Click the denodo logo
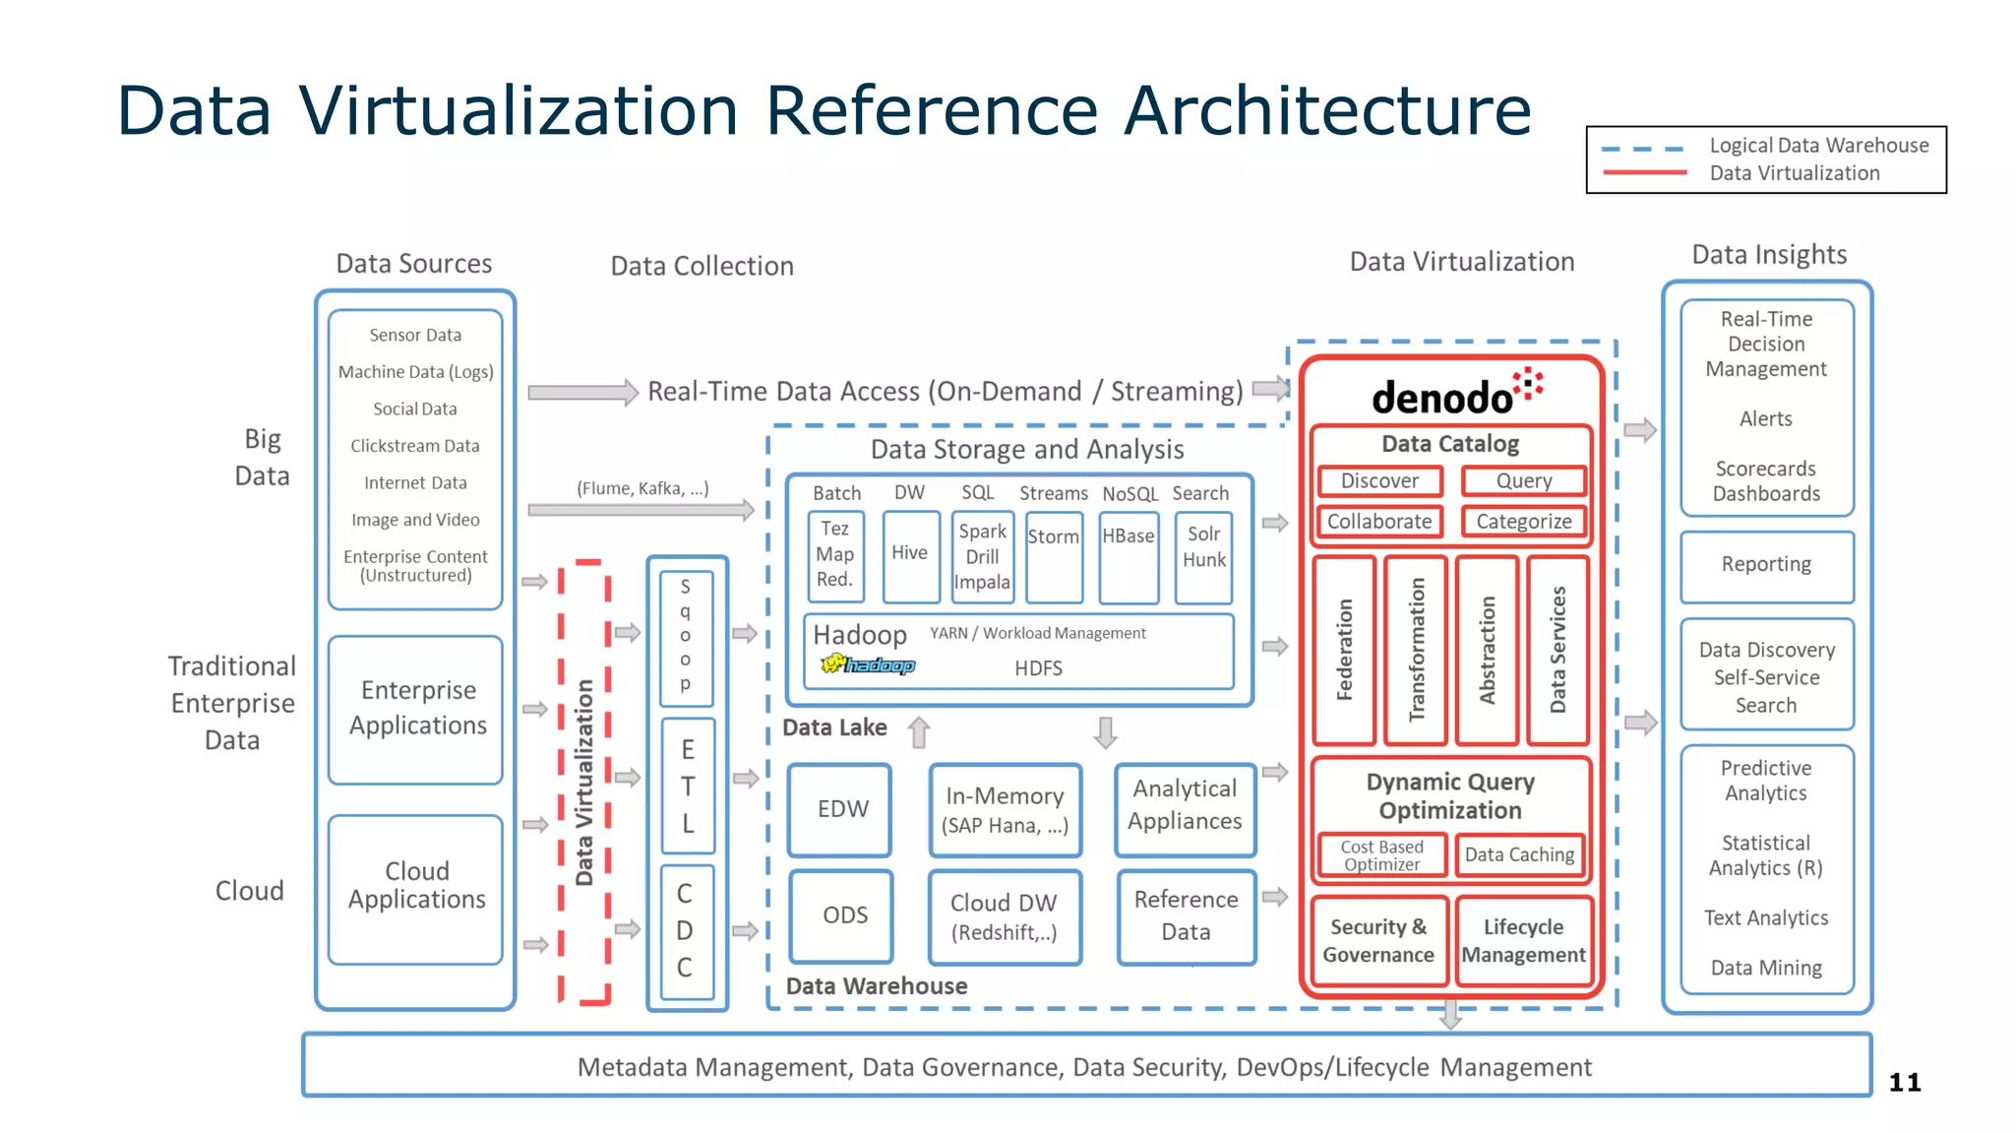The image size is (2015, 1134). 1456,394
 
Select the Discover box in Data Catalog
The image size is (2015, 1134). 1379,481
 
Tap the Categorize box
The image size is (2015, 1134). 1523,522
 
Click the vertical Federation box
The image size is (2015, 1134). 1344,650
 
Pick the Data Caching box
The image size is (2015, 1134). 1519,854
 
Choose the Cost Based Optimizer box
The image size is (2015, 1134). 1381,854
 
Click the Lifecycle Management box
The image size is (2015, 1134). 1523,941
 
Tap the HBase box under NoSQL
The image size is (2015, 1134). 1128,555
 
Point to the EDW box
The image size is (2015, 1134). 842,809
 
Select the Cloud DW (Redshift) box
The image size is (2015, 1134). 1004,916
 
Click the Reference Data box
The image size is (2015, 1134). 1186,915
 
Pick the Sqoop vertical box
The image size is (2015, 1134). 686,636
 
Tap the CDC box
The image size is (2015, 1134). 686,930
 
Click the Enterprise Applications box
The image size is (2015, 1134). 417,709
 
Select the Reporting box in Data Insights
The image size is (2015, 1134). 1766,565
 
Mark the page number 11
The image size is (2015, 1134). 1904,1083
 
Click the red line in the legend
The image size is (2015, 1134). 1644,173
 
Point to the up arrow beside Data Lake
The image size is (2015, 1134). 919,732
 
